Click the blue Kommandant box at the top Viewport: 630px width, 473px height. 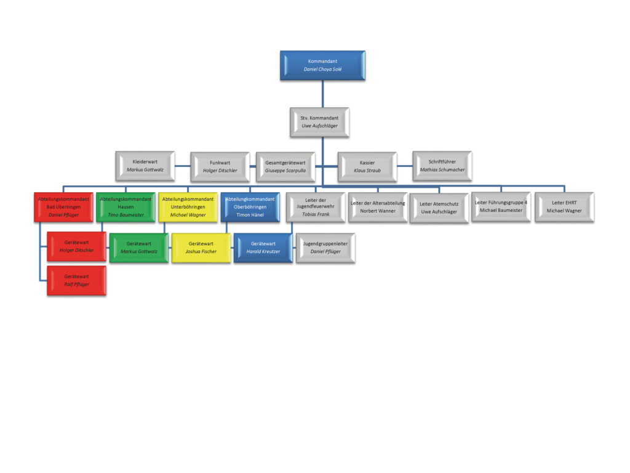point(322,65)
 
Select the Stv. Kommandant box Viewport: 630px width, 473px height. point(319,122)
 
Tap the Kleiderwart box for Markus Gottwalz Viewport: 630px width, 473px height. point(145,166)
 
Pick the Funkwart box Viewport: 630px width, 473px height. point(220,166)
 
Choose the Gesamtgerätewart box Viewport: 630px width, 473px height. point(285,166)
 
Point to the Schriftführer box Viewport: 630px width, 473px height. point(442,166)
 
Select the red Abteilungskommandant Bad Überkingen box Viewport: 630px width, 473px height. point(63,207)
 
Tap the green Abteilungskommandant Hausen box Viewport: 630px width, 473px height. point(126,207)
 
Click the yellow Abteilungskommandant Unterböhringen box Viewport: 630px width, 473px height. point(188,207)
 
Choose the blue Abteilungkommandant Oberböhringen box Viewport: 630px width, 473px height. point(250,207)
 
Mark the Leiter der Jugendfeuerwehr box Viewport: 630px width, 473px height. point(315,207)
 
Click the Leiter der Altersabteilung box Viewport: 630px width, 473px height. point(378,207)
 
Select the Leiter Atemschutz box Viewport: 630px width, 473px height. point(439,208)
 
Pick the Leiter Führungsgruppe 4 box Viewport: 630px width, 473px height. point(501,207)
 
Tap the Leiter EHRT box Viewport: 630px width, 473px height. point(564,207)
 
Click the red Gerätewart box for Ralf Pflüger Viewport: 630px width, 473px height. point(76,280)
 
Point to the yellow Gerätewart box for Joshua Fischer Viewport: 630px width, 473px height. point(201,248)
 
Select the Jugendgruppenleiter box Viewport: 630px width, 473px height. point(325,248)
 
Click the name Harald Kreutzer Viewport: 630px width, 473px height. point(263,251)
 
